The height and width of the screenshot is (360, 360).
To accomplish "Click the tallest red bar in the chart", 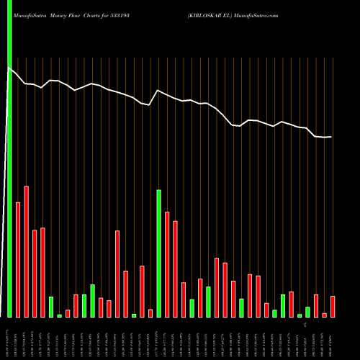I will pyautogui.click(x=27, y=251).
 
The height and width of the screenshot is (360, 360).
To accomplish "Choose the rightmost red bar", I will pyautogui.click(x=333, y=306).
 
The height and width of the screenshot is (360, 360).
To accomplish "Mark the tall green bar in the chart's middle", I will pyautogui.click(x=158, y=253).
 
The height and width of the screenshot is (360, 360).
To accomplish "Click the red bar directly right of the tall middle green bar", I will pyautogui.click(x=167, y=264).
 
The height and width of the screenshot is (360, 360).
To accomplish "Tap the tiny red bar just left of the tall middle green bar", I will pyautogui.click(x=150, y=313).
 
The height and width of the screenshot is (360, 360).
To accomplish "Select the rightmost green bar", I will pyautogui.click(x=308, y=312).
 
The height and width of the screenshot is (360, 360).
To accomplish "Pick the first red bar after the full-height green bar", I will pyautogui.click(x=18, y=259).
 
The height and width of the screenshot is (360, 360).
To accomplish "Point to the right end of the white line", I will pyautogui.click(x=331, y=137).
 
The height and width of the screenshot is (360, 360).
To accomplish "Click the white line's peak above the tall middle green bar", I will pyautogui.click(x=158, y=90).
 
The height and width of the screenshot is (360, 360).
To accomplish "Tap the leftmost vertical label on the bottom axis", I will pyautogui.click(x=9, y=338).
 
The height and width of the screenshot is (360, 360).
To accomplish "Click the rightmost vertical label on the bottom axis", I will pyautogui.click(x=333, y=338).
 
